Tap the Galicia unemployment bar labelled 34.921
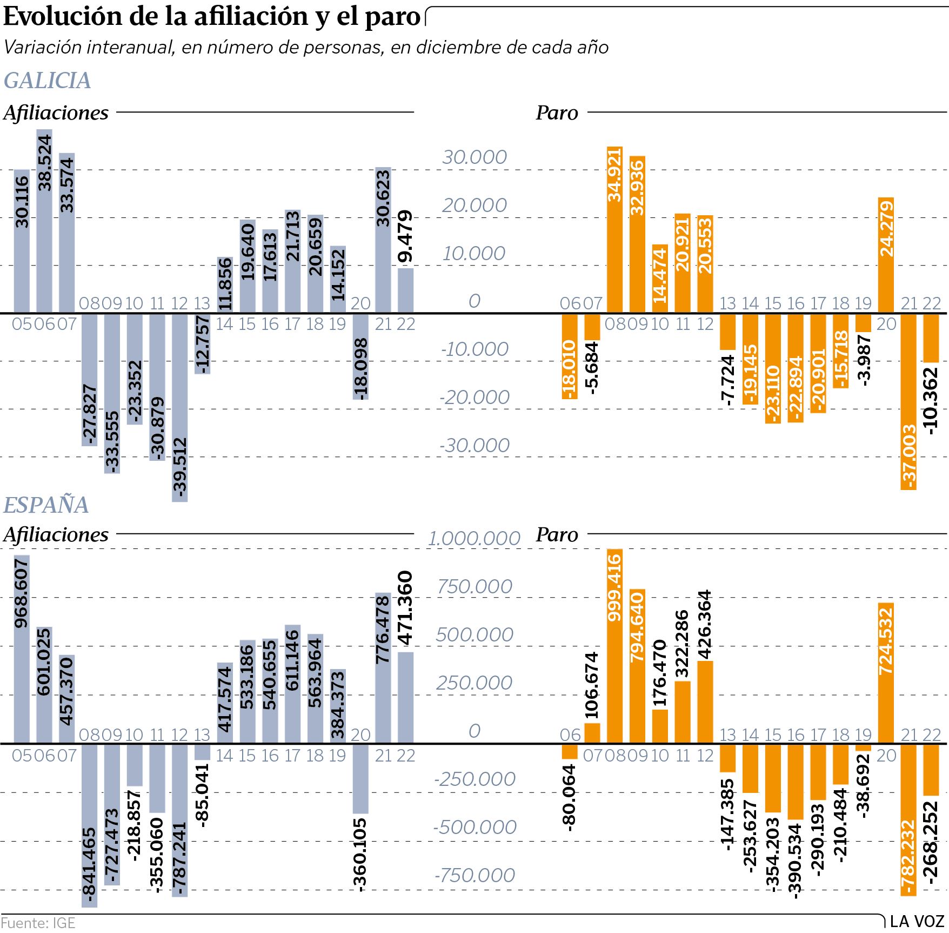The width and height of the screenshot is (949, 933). tap(615, 230)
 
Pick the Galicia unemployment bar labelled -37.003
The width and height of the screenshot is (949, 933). tap(908, 401)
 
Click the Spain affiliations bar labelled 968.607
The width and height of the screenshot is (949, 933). tap(22, 649)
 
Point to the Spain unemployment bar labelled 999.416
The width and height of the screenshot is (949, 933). tap(615, 646)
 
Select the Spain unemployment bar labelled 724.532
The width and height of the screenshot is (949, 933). tap(886, 673)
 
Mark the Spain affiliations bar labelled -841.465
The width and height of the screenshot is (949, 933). tap(90, 825)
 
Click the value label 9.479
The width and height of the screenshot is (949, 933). tap(405, 236)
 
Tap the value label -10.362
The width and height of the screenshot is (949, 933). tap(931, 401)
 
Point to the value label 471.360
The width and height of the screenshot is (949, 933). tap(405, 608)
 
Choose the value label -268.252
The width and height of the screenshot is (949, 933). tap(931, 842)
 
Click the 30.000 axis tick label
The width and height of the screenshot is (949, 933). tap(474, 157)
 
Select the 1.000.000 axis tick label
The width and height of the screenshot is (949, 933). tap(474, 539)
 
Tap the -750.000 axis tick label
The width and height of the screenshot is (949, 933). tap(474, 875)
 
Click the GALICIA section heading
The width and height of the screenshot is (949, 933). tap(47, 81)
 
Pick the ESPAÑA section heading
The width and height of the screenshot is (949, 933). tap(46, 505)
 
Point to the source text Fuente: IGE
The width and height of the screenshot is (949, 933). tap(38, 923)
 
